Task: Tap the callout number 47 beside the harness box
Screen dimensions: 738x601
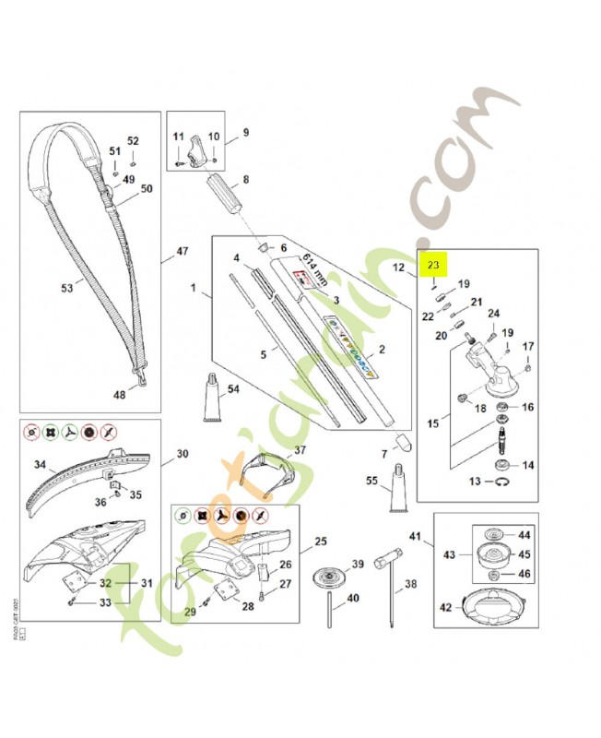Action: click(182, 251)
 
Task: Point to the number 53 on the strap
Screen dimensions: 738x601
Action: click(66, 288)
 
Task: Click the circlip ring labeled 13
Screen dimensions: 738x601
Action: click(502, 482)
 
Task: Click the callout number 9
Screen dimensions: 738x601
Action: click(244, 132)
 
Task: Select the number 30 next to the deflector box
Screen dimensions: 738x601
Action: click(182, 454)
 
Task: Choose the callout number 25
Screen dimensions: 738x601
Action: click(320, 541)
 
